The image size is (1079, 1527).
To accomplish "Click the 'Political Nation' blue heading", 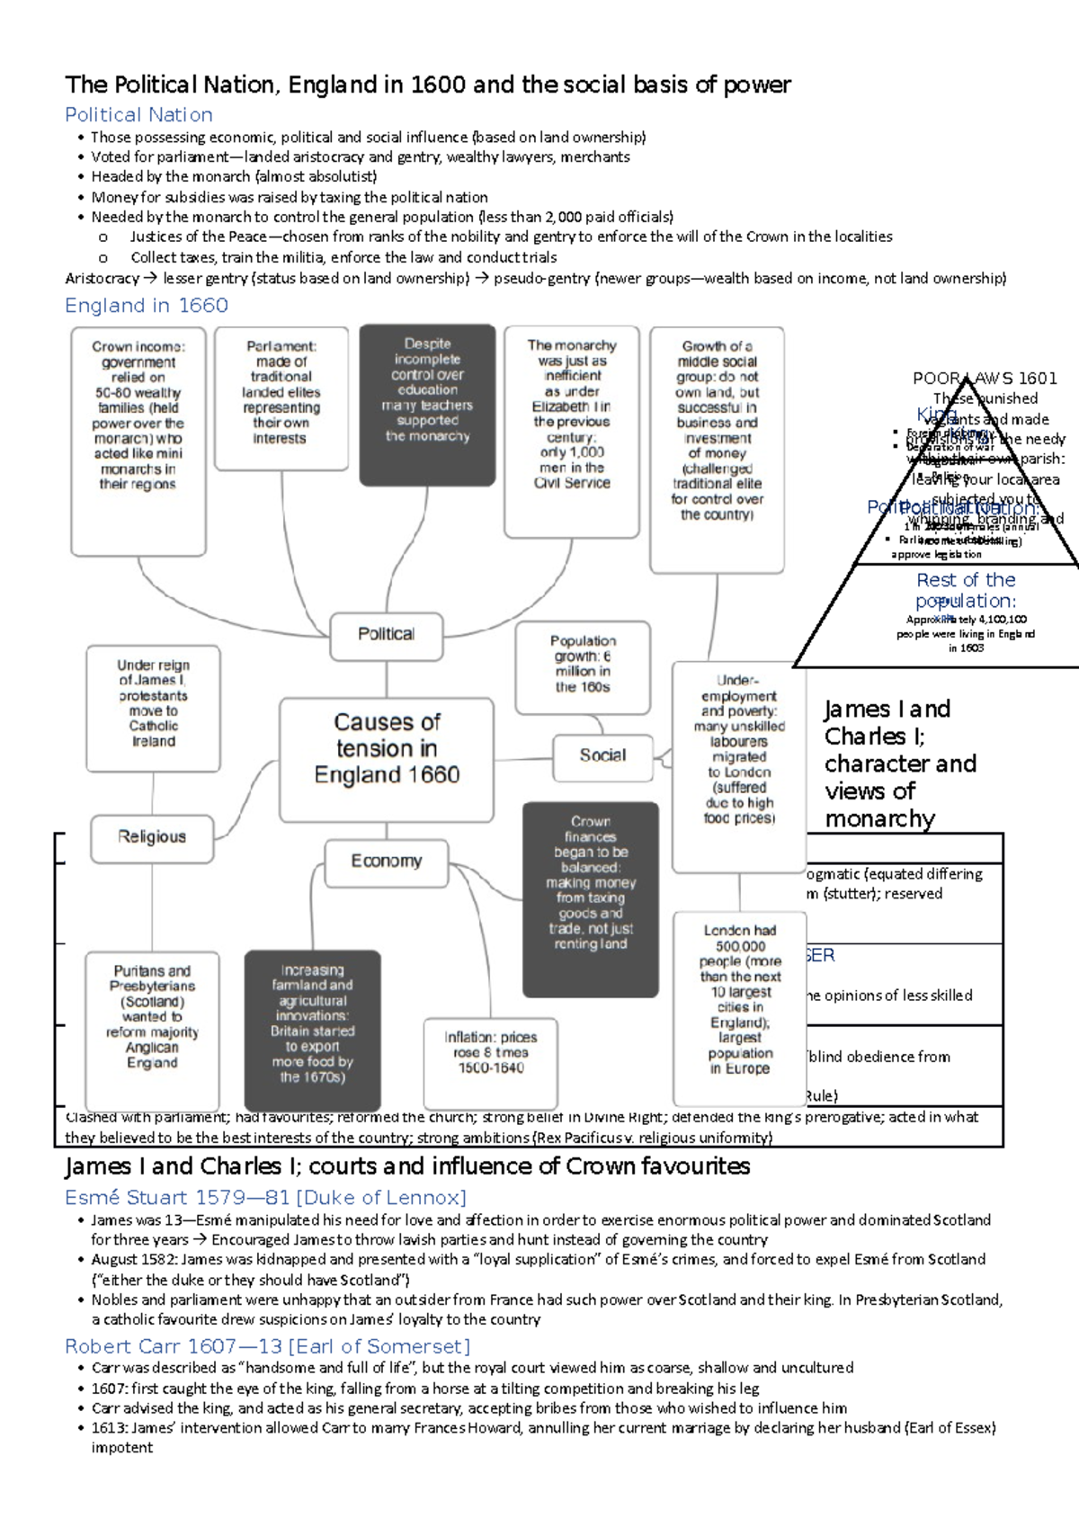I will tap(138, 115).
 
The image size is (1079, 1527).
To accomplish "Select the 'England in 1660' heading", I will tap(146, 306).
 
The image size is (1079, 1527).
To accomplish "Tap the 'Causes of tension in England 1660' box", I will tap(387, 748).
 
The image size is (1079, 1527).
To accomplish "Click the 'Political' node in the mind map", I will tap(387, 634).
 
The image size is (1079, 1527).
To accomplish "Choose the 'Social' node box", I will tap(602, 755).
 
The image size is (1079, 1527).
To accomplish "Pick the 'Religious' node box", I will tap(152, 837).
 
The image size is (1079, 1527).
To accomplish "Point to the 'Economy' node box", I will tap(387, 862).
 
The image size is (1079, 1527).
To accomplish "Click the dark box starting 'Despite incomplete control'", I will tap(427, 391).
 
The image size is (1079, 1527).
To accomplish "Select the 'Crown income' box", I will tap(138, 415).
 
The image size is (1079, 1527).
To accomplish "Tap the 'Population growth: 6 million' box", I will tap(583, 665).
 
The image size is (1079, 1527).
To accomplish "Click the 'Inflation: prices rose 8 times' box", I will tap(491, 1053).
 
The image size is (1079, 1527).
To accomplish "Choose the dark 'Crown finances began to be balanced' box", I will tap(591, 882).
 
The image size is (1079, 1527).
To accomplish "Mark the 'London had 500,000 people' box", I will tap(740, 999).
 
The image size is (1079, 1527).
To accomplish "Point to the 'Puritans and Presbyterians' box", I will tap(152, 1017).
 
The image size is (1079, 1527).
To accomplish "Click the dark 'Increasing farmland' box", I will tap(312, 1023).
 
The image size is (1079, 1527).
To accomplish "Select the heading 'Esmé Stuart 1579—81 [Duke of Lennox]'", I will tap(265, 1198).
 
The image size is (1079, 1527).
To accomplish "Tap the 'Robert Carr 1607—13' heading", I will tap(267, 1346).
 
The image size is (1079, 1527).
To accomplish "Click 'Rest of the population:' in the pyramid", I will tap(966, 590).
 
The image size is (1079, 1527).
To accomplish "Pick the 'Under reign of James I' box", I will tap(153, 703).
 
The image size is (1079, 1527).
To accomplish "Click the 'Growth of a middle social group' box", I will tap(717, 430).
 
